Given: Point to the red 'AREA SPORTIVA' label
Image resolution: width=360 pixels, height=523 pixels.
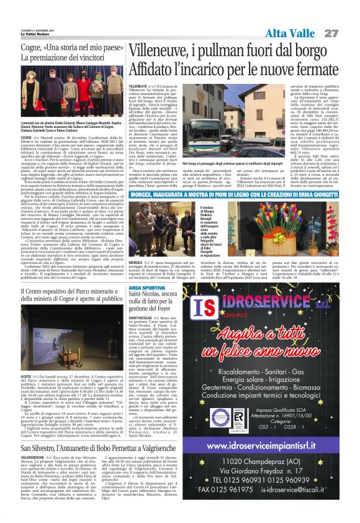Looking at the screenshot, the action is tap(148, 288).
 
